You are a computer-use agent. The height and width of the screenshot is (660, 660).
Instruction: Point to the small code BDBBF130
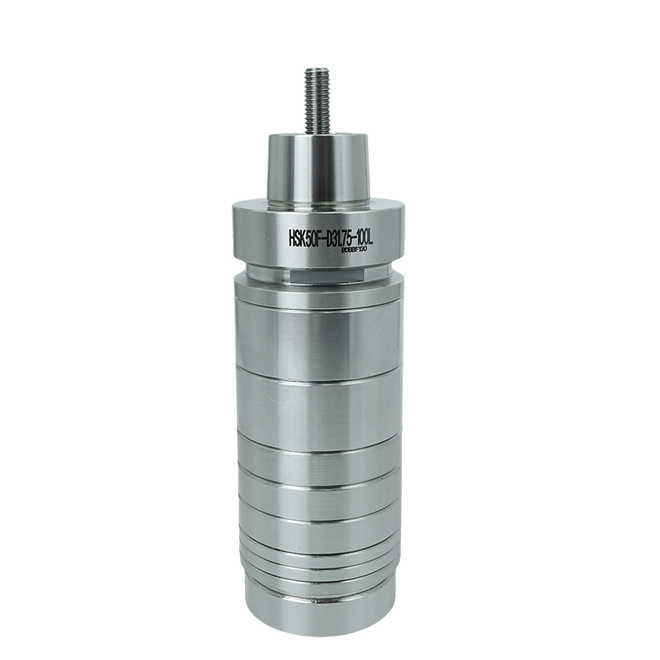click(x=355, y=250)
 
